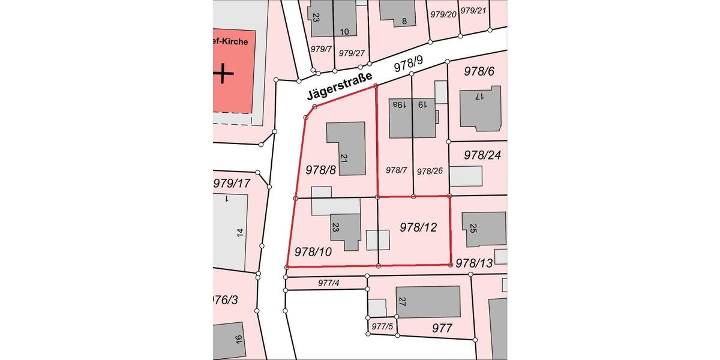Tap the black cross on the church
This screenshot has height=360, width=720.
223,74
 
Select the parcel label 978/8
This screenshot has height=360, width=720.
320,170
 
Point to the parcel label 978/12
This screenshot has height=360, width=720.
418,227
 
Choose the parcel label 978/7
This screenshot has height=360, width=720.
396,170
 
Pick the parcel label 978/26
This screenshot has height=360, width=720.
430,170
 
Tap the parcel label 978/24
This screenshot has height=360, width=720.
482,155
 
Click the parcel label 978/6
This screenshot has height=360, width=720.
479,71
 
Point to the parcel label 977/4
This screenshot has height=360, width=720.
329,283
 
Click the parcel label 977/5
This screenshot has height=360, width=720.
382,326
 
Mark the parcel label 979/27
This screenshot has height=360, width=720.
352,53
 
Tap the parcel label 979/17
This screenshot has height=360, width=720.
232,182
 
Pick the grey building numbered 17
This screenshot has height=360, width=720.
480,108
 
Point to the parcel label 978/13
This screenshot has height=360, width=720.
474,263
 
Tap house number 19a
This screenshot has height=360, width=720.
400,104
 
